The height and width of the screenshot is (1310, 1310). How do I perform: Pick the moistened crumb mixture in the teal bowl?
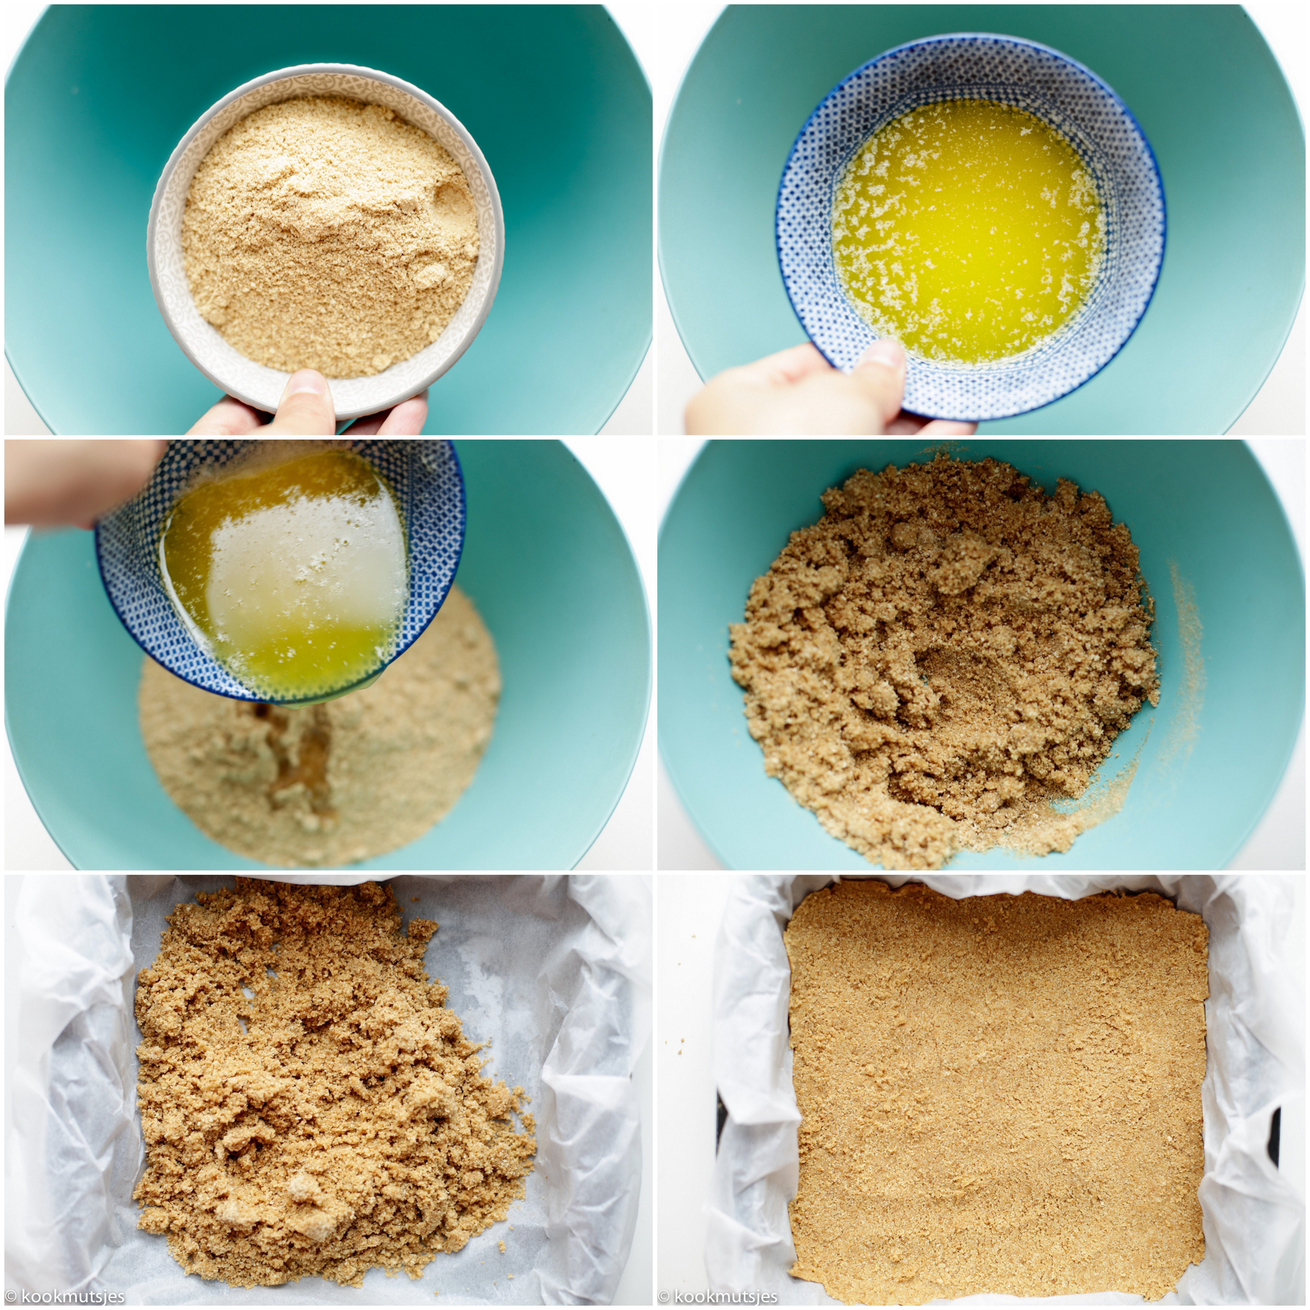(x=943, y=658)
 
